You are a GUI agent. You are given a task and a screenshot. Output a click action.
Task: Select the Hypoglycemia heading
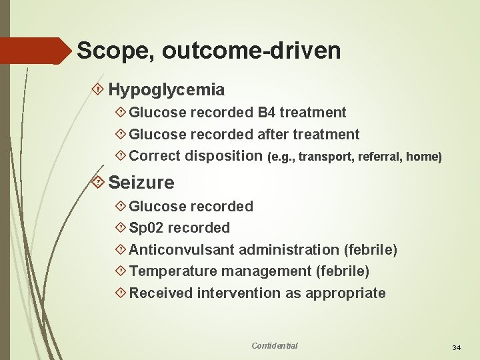pos(166,89)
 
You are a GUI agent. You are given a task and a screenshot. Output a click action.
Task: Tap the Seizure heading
pos(141,182)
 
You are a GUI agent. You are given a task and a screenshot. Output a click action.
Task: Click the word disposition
pos(223,157)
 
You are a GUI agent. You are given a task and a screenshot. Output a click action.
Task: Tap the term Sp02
pos(146,228)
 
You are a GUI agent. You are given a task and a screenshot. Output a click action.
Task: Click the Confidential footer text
pos(275,345)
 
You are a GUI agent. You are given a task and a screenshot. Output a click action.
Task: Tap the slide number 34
pos(457,347)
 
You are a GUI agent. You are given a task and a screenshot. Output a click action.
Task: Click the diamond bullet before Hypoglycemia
pos(98,89)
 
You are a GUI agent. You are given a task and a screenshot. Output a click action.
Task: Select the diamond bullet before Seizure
pos(98,182)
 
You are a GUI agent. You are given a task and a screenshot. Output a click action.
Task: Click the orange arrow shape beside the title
pos(33,51)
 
